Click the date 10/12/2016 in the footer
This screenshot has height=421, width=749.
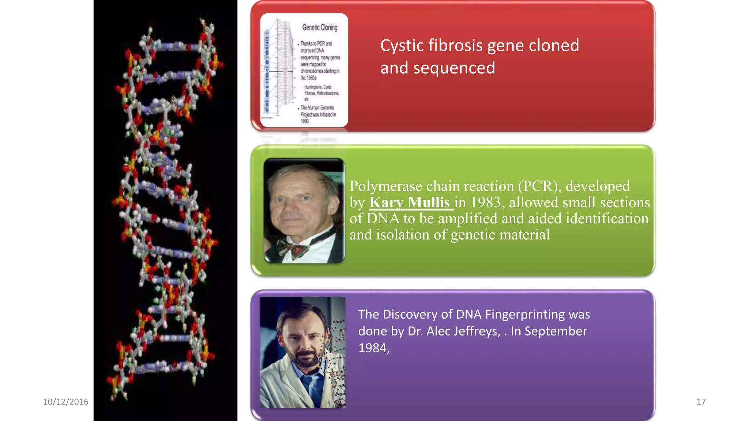(x=66, y=402)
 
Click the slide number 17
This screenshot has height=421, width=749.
(x=701, y=402)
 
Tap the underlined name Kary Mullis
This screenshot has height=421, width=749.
(x=409, y=202)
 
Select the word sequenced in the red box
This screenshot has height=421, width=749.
(x=454, y=68)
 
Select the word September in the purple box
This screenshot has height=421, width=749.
(x=556, y=331)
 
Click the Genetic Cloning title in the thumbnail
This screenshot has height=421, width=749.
(x=320, y=27)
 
